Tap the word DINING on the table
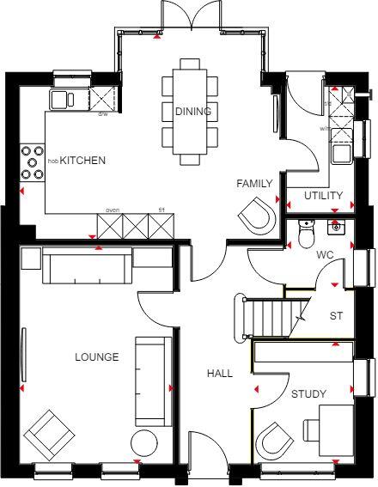(x=192, y=112)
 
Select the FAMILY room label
(x=254, y=184)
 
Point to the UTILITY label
(x=323, y=196)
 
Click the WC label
(x=324, y=254)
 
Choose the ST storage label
(x=336, y=316)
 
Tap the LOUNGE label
(x=96, y=357)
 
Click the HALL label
(x=220, y=374)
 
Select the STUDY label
(x=308, y=394)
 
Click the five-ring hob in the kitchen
(x=33, y=161)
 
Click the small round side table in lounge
(x=143, y=444)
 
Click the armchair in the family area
(x=259, y=215)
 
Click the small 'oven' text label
(x=112, y=210)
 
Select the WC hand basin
(x=336, y=228)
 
